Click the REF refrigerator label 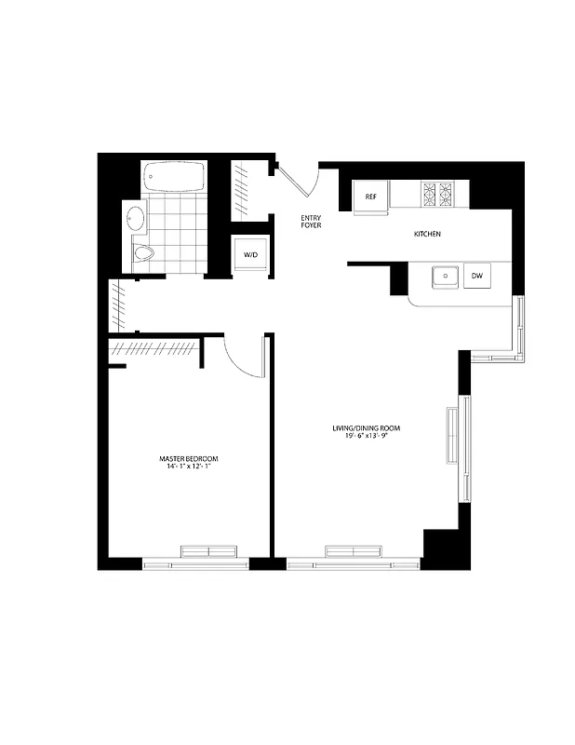tap(370, 196)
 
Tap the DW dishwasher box tap(476, 277)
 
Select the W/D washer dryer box tap(250, 254)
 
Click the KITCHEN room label tap(427, 234)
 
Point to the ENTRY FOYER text tap(310, 222)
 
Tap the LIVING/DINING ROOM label tap(366, 428)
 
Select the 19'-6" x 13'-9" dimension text tap(366, 437)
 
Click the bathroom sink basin tap(136, 220)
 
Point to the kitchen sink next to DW tap(447, 277)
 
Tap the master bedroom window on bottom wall tap(194, 562)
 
